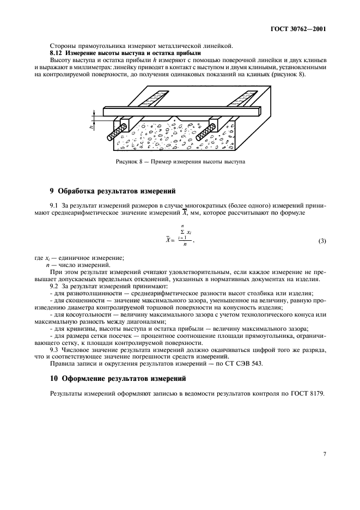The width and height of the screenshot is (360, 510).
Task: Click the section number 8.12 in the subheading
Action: [x=57, y=53]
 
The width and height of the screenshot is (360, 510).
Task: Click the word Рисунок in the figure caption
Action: [x=127, y=162]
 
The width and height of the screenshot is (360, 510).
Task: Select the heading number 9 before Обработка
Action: [x=52, y=191]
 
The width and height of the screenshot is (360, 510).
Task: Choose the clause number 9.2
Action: [x=54, y=286]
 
